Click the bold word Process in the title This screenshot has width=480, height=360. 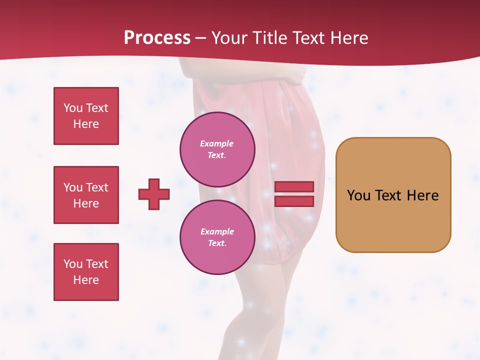(157, 38)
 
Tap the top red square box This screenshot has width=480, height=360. (86, 116)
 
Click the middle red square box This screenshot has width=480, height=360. (86, 195)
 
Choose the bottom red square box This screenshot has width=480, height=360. (86, 272)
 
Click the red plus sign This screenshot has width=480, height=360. (154, 194)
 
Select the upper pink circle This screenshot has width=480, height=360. (217, 149)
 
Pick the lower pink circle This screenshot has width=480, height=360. (217, 237)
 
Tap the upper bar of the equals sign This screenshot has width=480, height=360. (294, 187)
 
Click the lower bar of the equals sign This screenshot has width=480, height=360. (294, 201)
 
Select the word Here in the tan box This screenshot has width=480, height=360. (422, 195)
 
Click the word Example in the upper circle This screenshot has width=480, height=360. (216, 143)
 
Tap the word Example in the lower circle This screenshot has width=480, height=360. (217, 231)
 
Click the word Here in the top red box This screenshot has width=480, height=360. (86, 124)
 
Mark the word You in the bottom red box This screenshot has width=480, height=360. (73, 264)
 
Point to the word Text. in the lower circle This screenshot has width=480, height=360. (217, 243)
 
